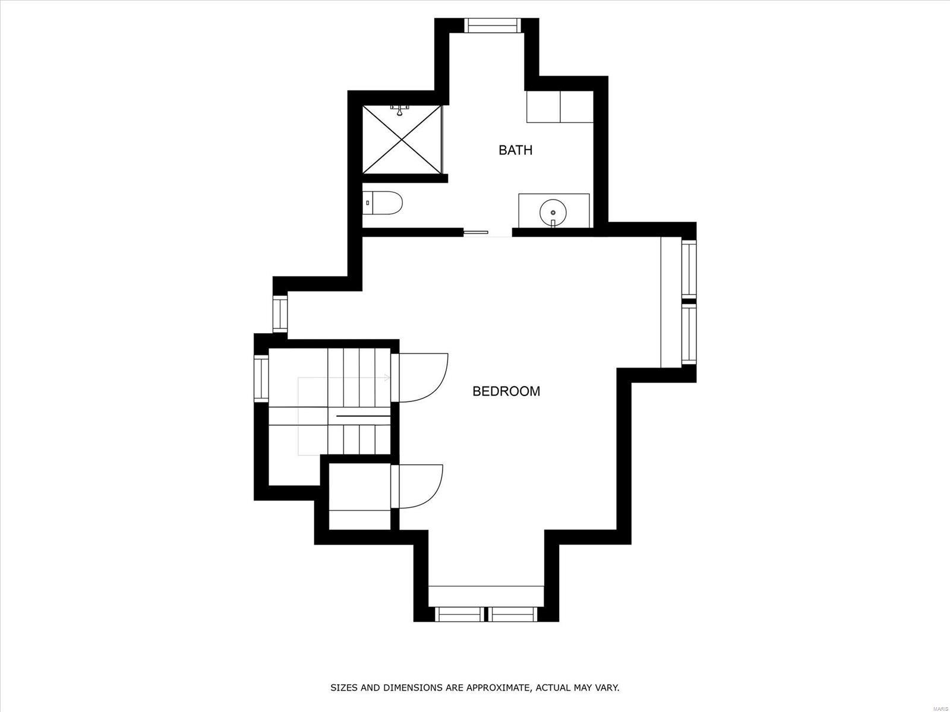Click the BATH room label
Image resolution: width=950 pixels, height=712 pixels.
click(515, 150)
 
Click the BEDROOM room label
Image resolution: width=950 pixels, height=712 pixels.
click(506, 391)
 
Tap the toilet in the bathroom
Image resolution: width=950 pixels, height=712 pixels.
click(383, 203)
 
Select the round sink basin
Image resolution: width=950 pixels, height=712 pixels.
click(553, 211)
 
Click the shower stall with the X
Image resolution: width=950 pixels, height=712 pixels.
click(402, 140)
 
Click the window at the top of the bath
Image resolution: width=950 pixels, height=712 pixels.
click(491, 25)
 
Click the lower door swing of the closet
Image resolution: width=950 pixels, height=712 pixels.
click(420, 486)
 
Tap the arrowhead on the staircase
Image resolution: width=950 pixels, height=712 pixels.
click(387, 378)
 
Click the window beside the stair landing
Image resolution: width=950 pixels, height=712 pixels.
click(261, 378)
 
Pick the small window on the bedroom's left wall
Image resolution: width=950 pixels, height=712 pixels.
click(280, 314)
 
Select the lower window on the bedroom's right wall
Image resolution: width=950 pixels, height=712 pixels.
click(688, 334)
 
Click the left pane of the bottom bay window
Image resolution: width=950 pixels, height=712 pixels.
click(459, 614)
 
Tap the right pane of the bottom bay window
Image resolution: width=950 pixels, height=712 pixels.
click(514, 614)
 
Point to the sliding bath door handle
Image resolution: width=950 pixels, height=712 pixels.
click(476, 232)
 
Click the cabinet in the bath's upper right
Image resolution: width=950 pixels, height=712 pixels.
click(560, 106)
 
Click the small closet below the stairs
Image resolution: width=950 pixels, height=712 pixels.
click(359, 496)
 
